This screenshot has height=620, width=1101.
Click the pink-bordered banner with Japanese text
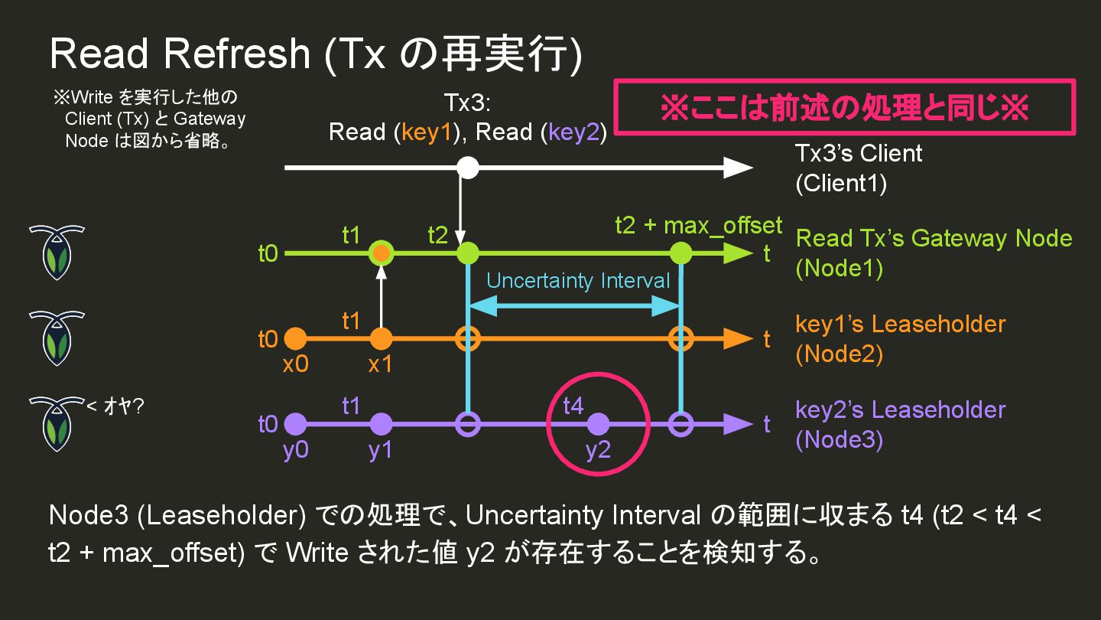tap(845, 108)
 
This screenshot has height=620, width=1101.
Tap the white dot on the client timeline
tap(468, 168)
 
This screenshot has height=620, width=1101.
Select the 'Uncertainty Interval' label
tap(578, 281)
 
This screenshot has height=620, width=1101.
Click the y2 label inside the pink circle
tap(598, 451)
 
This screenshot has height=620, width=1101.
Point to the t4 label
tap(573, 406)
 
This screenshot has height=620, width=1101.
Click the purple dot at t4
tap(598, 423)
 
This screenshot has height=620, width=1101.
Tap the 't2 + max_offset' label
tap(699, 226)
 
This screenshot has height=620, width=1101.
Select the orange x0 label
tap(295, 365)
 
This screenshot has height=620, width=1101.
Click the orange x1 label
tap(380, 365)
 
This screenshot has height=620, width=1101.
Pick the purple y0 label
tap(295, 451)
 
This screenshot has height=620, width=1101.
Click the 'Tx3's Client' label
tap(859, 154)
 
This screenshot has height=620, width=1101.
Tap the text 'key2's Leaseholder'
tap(900, 410)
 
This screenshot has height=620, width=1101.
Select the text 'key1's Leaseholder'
tap(900, 324)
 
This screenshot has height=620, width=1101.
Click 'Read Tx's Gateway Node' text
tap(934, 238)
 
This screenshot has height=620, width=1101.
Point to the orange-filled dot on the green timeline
tap(382, 253)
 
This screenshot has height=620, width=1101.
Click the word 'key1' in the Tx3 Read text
tap(429, 132)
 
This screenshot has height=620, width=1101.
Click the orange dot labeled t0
tap(295, 338)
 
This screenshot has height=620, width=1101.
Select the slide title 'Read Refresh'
tap(180, 54)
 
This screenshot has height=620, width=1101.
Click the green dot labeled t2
tap(467, 253)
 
